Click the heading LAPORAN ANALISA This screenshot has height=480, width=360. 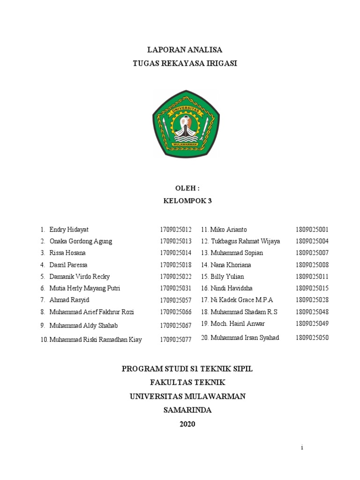185,50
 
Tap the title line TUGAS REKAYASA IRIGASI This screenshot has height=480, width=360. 185,63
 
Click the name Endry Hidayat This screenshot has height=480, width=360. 68,230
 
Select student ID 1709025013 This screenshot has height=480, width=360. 175,241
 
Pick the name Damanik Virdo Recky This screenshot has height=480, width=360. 79,277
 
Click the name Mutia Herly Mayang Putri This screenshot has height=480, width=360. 84,288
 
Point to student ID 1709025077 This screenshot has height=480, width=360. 175,340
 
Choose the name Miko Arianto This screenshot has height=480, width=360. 228,230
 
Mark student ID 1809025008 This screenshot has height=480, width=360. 312,265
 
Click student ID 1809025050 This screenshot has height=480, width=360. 312,338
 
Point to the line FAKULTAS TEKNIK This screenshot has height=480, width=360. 187,382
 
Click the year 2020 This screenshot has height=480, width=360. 187,424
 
